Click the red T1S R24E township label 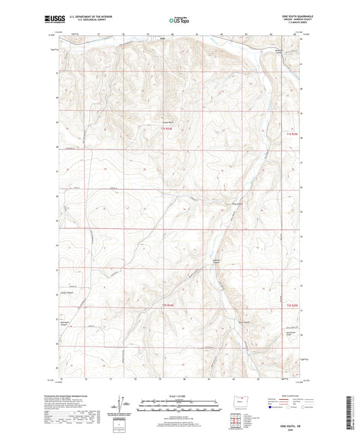pyautogui.click(x=168, y=128)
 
